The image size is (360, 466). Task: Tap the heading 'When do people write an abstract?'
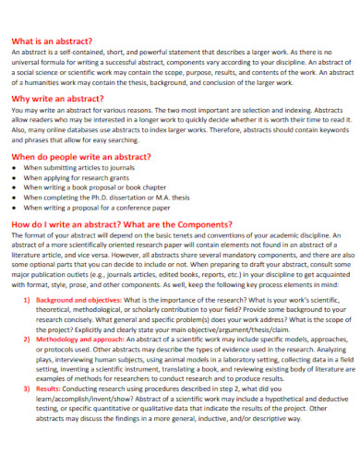[80, 158]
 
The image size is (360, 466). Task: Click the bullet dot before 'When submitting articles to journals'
[15, 170]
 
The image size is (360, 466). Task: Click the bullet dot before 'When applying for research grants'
[15, 178]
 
